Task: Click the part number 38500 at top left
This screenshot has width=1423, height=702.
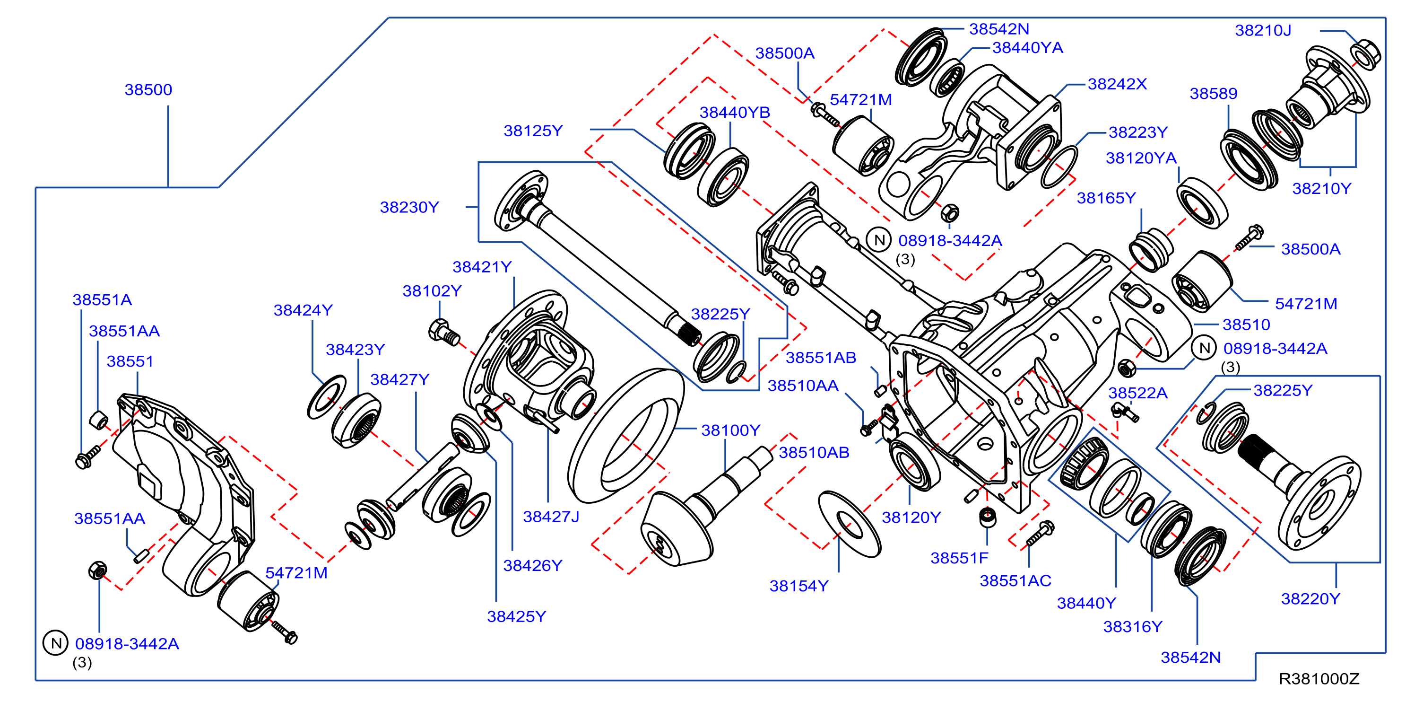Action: click(x=148, y=89)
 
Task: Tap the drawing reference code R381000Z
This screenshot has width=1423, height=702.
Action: click(x=1319, y=679)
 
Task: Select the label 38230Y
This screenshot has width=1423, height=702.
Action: click(x=409, y=207)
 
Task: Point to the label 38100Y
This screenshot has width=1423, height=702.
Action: click(x=730, y=430)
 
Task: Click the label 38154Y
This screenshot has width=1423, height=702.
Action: click(x=799, y=586)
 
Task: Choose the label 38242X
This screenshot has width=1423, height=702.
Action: click(x=1117, y=84)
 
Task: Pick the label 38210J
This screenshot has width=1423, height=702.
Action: click(x=1263, y=30)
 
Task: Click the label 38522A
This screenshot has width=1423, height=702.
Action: click(x=1137, y=393)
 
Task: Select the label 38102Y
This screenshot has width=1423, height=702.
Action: click(x=432, y=291)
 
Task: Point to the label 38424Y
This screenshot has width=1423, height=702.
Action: click(x=303, y=310)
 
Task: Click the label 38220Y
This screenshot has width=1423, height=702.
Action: click(x=1310, y=598)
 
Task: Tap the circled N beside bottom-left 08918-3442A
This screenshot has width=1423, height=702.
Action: click(x=56, y=643)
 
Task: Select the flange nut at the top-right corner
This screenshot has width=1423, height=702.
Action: click(x=1365, y=54)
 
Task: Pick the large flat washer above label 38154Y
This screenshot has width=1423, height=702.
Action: click(x=849, y=524)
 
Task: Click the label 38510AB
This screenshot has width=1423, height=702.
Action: click(x=814, y=453)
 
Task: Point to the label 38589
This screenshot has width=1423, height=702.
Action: click(x=1213, y=93)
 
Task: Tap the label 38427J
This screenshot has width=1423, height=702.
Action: click(x=551, y=517)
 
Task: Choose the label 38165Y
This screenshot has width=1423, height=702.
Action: click(x=1106, y=198)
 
